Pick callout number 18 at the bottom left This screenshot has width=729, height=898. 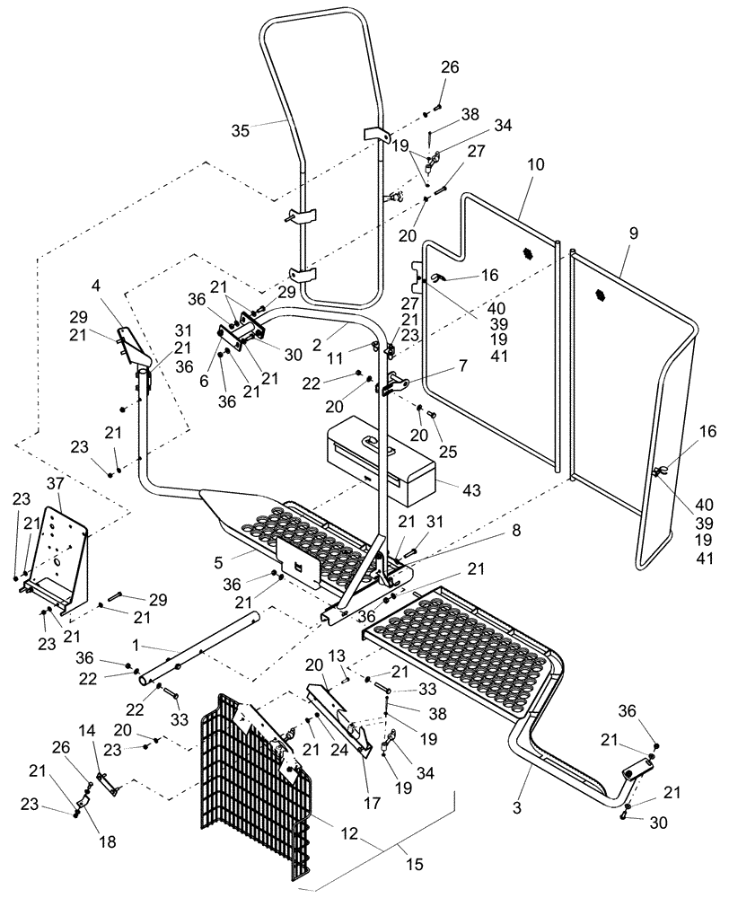point(108,841)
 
